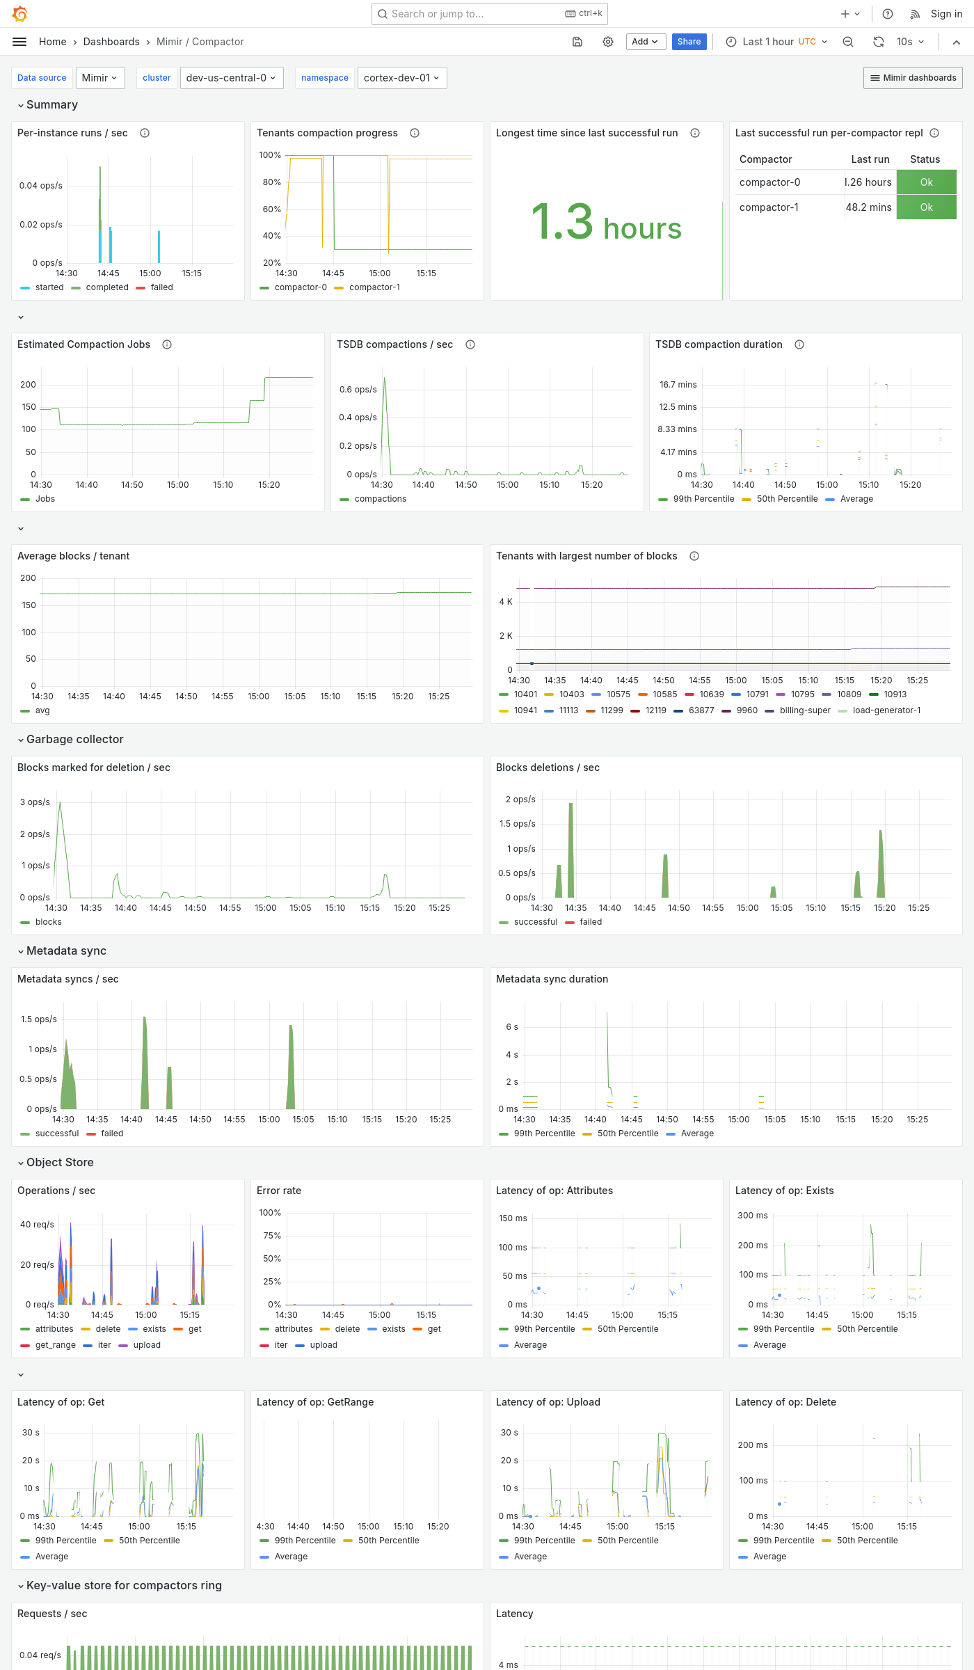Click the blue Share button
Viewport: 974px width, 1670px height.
pyautogui.click(x=689, y=42)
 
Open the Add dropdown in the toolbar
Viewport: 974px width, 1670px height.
pyautogui.click(x=645, y=42)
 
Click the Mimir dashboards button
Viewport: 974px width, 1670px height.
pyautogui.click(x=913, y=78)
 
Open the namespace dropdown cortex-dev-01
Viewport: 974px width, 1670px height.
pyautogui.click(x=401, y=78)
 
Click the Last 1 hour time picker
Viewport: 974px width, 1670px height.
pyautogui.click(x=776, y=42)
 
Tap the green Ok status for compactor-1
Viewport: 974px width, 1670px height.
pyautogui.click(x=926, y=207)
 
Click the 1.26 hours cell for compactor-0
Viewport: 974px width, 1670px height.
pyautogui.click(x=868, y=182)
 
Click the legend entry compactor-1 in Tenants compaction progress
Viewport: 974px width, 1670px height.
pyautogui.click(x=374, y=287)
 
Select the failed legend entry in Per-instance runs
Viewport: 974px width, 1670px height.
pyautogui.click(x=161, y=287)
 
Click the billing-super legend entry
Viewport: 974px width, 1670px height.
pyautogui.click(x=804, y=710)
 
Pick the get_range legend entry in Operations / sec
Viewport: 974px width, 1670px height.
pyautogui.click(x=55, y=1345)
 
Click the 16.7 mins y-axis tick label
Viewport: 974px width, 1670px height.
pyautogui.click(x=678, y=385)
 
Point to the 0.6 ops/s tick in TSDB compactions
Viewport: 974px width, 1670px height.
pyautogui.click(x=358, y=390)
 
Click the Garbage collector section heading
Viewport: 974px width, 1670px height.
pyautogui.click(x=74, y=739)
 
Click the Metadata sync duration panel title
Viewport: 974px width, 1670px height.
pyautogui.click(x=552, y=979)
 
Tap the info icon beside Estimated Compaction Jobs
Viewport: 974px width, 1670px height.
pyautogui.click(x=167, y=344)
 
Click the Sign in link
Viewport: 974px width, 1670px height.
pyautogui.click(x=946, y=14)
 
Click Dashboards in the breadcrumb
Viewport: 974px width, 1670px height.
pyautogui.click(x=111, y=42)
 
